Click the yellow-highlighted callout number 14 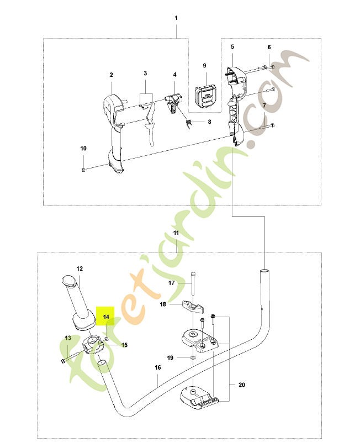pyautogui.click(x=106, y=317)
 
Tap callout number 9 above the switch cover pyautogui.click(x=204, y=65)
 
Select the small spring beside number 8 pyautogui.click(x=189, y=123)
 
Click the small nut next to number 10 pyautogui.click(x=83, y=169)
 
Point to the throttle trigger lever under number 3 pyautogui.click(x=150, y=124)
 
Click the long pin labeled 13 pyautogui.click(x=74, y=356)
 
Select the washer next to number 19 pyautogui.click(x=193, y=357)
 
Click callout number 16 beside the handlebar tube pyautogui.click(x=158, y=367)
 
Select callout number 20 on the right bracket pyautogui.click(x=242, y=385)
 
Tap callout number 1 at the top pyautogui.click(x=176, y=18)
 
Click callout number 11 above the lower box pyautogui.click(x=176, y=233)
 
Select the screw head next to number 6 pyautogui.click(x=273, y=67)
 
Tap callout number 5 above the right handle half pyautogui.click(x=232, y=46)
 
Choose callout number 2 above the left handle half pyautogui.click(x=112, y=75)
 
